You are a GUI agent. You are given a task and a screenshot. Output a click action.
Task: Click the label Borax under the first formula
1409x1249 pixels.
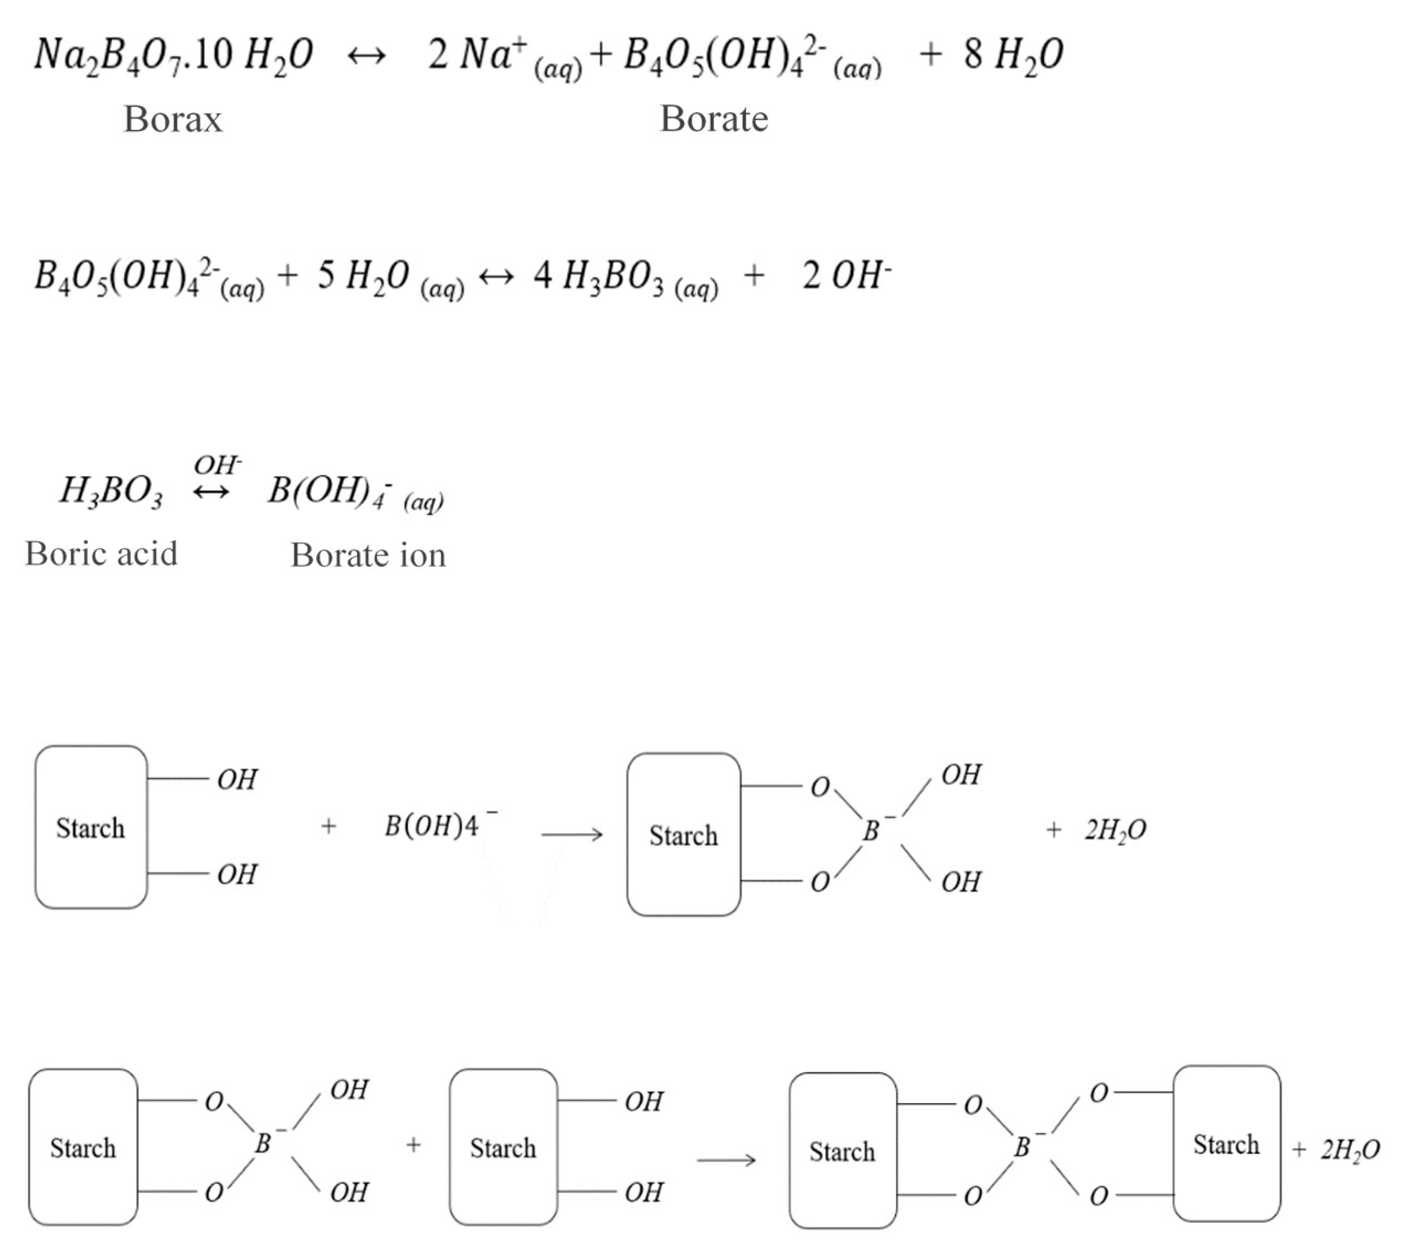point(173,119)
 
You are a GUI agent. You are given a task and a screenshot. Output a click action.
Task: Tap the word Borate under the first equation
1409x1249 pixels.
point(713,119)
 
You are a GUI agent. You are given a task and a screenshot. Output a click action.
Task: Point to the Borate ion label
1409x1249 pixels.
point(368,555)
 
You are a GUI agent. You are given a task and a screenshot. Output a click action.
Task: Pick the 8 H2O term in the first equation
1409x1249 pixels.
point(1013,55)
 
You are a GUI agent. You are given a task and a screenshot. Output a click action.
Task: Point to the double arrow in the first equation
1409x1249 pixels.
point(366,55)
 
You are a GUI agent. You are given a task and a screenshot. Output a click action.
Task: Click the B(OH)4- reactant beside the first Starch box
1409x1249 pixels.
point(440,825)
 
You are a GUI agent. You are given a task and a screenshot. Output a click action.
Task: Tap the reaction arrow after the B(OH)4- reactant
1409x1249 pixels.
point(571,835)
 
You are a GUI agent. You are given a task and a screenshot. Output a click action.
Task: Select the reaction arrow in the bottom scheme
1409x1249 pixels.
point(726,1160)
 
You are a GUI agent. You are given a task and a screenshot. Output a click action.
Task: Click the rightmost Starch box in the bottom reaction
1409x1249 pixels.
point(1226,1144)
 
